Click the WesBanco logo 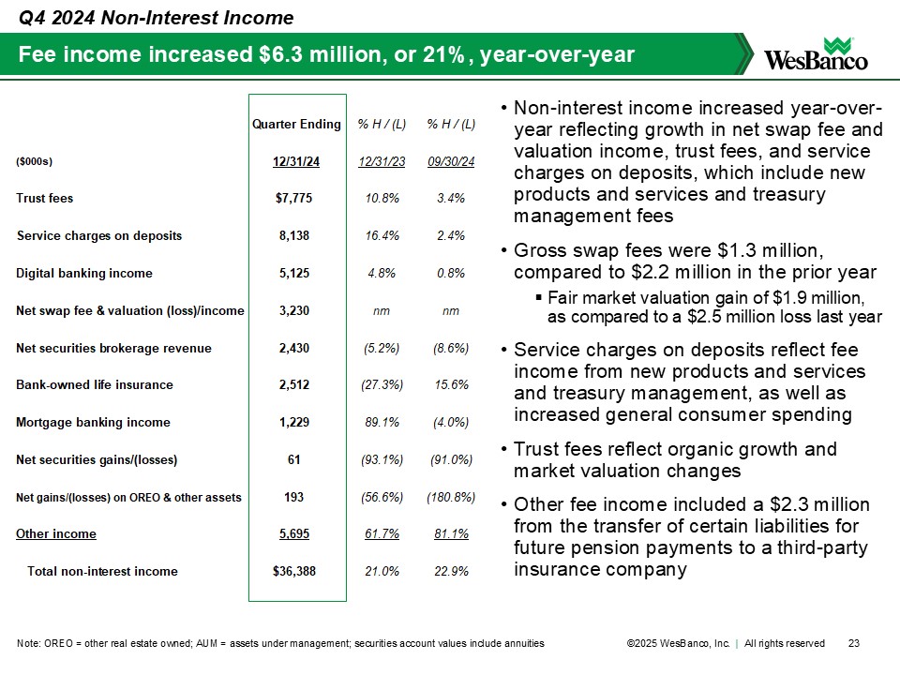817,55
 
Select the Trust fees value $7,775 296,199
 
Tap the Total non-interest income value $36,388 296,571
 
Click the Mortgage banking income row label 94,422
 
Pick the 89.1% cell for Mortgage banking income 382,422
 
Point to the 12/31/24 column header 296,161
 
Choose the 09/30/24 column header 451,161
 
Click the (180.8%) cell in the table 451,497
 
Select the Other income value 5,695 296,534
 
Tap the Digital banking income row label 84,273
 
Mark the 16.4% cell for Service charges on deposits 382,235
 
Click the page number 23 853,643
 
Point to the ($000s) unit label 35,161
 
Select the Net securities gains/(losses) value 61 296,459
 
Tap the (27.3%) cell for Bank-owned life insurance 382,385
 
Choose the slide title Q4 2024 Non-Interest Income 156,18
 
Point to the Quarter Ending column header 296,124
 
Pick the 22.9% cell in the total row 451,571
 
